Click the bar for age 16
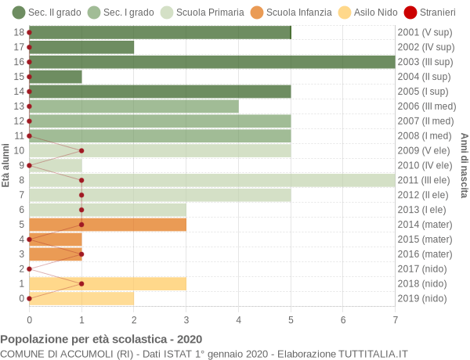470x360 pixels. point(211,62)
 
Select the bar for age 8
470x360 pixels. point(211,180)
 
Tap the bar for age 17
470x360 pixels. point(81,47)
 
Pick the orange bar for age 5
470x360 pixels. point(107,225)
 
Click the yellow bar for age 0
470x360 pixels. point(81,298)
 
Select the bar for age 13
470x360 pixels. point(133,106)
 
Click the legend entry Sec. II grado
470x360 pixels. point(46,13)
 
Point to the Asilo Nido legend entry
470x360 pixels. point(357,13)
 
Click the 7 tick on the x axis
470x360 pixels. point(395,319)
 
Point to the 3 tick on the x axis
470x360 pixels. point(186,319)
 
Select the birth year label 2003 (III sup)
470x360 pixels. point(425,62)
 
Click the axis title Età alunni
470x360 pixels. point(6,165)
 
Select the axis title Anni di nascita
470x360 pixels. point(464,165)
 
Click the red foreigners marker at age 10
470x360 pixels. point(81,150)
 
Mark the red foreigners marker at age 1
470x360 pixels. point(81,283)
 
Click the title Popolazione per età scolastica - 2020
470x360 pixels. point(101,340)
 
